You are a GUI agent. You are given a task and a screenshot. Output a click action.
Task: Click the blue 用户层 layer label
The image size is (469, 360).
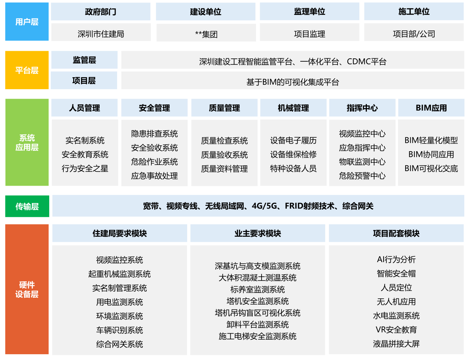[27, 22]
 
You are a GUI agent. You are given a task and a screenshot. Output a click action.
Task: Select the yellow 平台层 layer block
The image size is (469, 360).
[27, 70]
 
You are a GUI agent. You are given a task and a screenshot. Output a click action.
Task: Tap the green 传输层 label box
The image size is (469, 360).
[27, 206]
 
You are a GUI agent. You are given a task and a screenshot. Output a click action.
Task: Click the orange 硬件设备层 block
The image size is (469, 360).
[27, 289]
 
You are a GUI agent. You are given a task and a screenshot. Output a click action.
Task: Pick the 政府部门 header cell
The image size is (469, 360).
[101, 12]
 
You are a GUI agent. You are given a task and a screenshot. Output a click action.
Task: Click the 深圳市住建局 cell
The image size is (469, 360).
[101, 34]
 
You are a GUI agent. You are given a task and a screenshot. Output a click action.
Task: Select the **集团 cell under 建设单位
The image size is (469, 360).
[206, 34]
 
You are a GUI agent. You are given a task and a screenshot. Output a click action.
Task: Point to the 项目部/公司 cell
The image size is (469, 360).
[414, 34]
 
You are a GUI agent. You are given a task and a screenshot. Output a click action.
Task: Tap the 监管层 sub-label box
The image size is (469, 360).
[84, 60]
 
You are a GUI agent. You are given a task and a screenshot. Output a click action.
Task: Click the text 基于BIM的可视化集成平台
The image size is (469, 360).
[293, 82]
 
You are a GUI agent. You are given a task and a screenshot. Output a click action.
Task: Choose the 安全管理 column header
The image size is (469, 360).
[154, 108]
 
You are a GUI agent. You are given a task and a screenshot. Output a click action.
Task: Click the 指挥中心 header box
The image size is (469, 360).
[362, 108]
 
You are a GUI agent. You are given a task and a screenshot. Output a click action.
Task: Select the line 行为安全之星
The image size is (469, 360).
[85, 168]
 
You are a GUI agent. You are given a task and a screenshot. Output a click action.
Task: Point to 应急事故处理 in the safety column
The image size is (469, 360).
[154, 176]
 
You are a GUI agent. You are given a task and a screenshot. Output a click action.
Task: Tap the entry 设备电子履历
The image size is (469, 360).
[293, 140]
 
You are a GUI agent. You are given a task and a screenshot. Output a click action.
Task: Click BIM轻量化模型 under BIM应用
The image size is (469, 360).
[431, 140]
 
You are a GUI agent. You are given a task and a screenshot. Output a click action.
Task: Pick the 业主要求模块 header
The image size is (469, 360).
[257, 233]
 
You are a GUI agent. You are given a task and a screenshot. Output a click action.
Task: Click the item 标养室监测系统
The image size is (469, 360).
[257, 289]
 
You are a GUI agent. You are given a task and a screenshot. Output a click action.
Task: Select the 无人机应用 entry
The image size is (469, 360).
[396, 302]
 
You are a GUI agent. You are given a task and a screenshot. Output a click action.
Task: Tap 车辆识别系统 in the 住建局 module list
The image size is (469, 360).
[120, 330]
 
